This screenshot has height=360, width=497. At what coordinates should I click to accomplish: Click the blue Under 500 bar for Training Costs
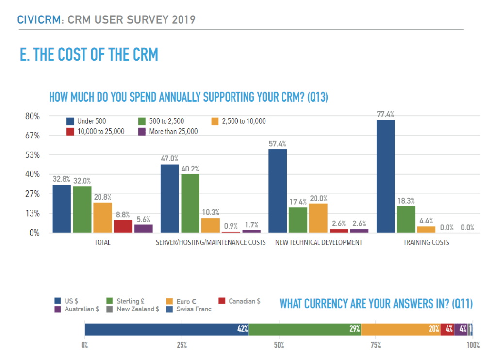click(385, 176)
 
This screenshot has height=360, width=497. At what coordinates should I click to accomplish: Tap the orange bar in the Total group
click(102, 217)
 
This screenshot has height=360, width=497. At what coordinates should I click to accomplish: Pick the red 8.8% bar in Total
click(123, 226)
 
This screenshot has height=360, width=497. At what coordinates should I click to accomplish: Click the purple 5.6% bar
click(143, 228)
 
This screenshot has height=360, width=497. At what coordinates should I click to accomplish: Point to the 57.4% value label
click(277, 144)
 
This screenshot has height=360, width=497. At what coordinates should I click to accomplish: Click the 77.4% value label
click(385, 114)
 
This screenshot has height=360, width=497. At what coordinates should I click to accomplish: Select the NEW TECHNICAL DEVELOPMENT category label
click(318, 242)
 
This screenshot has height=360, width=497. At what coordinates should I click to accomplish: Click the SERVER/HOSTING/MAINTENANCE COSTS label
click(211, 242)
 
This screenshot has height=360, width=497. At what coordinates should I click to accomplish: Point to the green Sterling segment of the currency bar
click(304, 329)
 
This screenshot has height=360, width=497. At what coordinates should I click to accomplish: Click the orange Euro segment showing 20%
click(400, 329)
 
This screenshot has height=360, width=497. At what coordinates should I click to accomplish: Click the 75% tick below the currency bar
click(376, 345)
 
